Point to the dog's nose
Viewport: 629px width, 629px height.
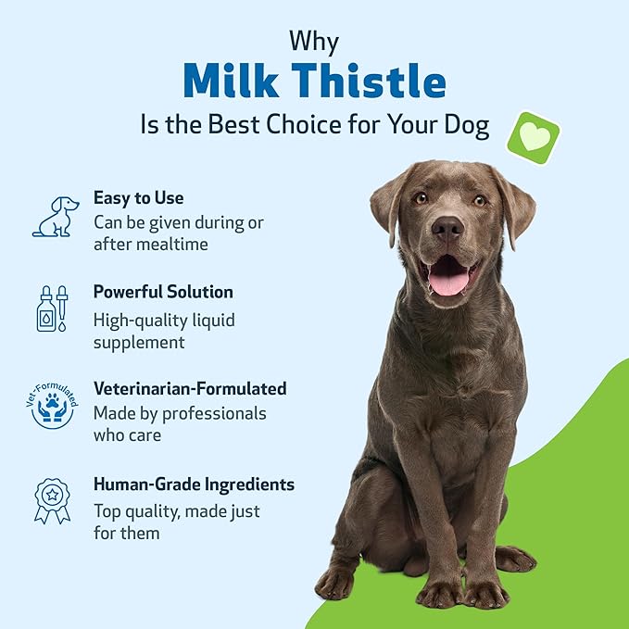tap(447, 228)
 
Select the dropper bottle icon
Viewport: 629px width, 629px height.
tap(53, 308)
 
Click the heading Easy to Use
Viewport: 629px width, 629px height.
tap(138, 197)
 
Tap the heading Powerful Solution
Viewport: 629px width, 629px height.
tap(163, 292)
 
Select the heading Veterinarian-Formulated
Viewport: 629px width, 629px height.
tap(189, 388)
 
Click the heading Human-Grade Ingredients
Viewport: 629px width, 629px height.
tap(194, 484)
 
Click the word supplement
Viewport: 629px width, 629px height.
tap(139, 342)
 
